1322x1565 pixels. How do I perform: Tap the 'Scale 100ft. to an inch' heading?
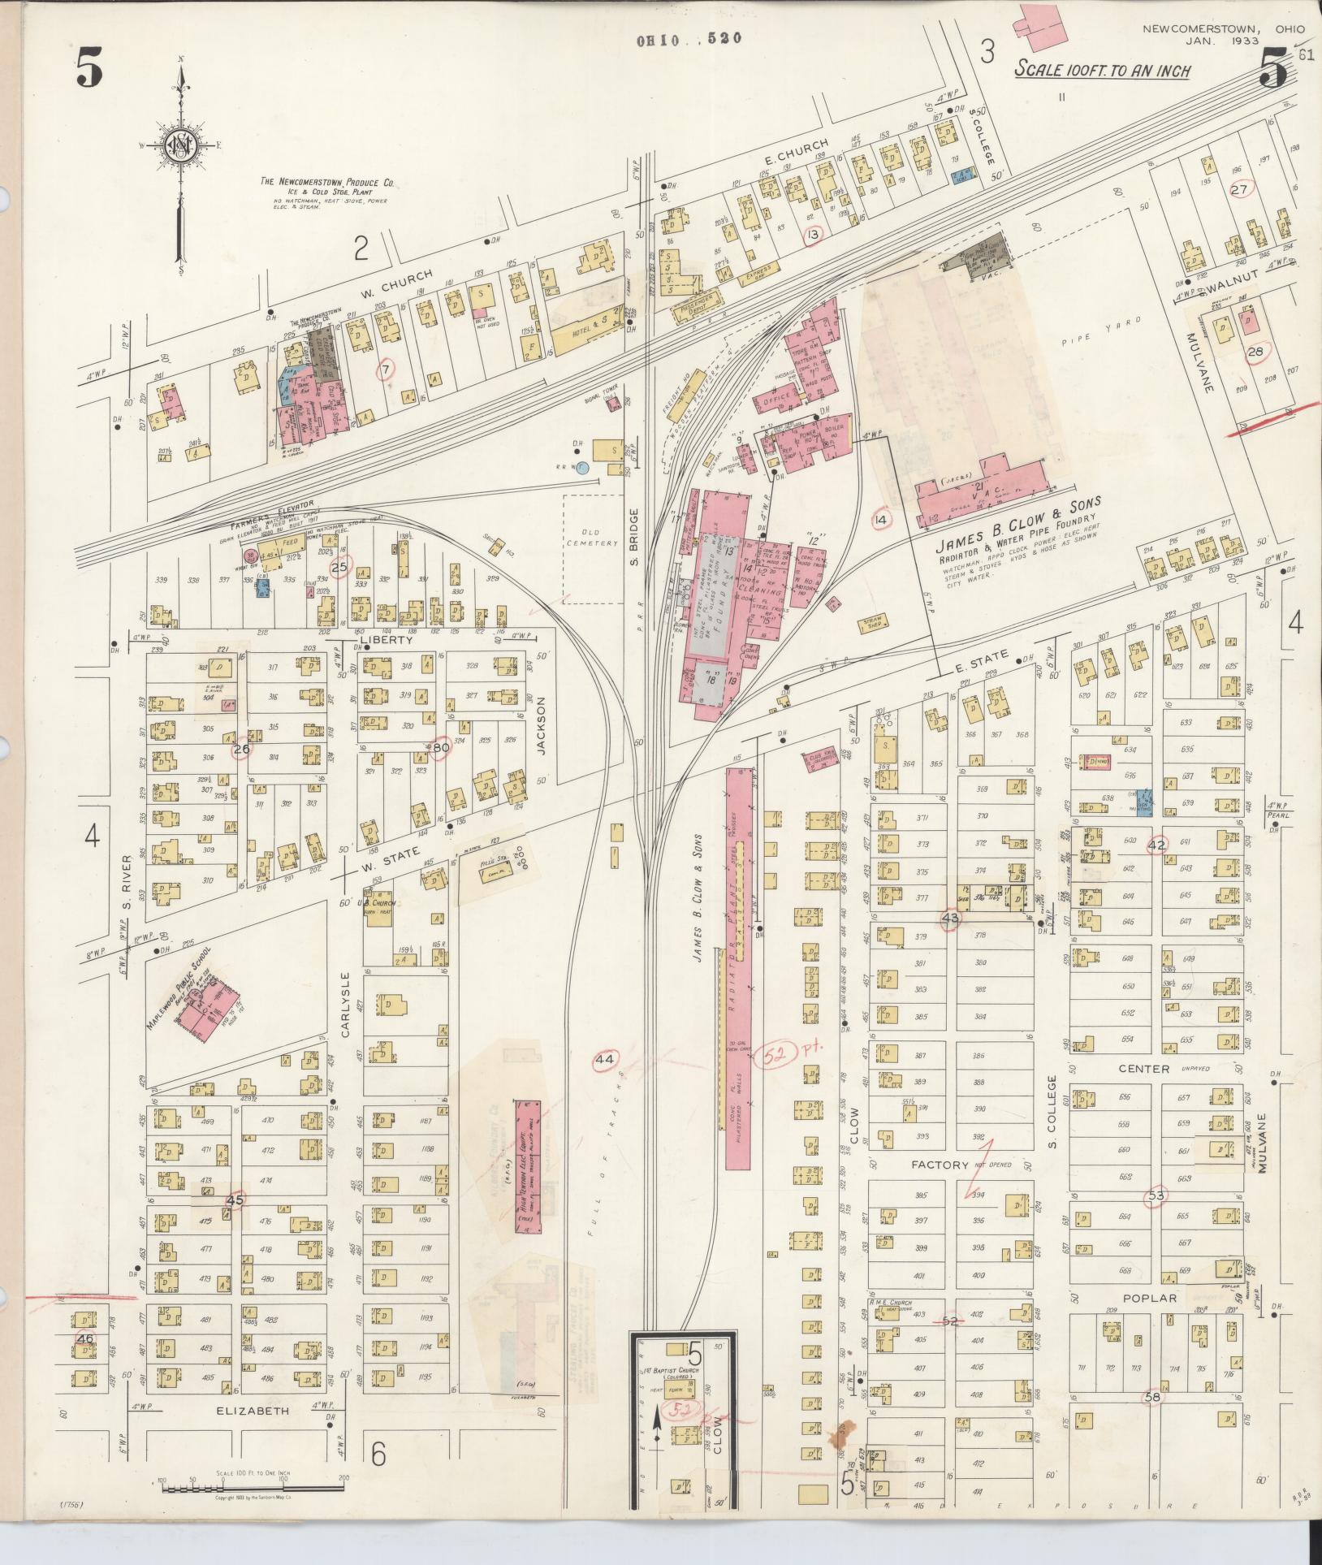point(1102,71)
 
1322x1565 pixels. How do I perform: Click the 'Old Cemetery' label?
point(593,538)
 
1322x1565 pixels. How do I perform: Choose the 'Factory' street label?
point(940,1165)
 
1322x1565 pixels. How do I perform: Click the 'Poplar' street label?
point(1150,1298)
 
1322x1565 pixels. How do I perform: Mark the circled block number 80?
point(440,748)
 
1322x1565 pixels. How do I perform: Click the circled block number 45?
point(235,1198)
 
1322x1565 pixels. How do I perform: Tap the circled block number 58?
point(1152,1397)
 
